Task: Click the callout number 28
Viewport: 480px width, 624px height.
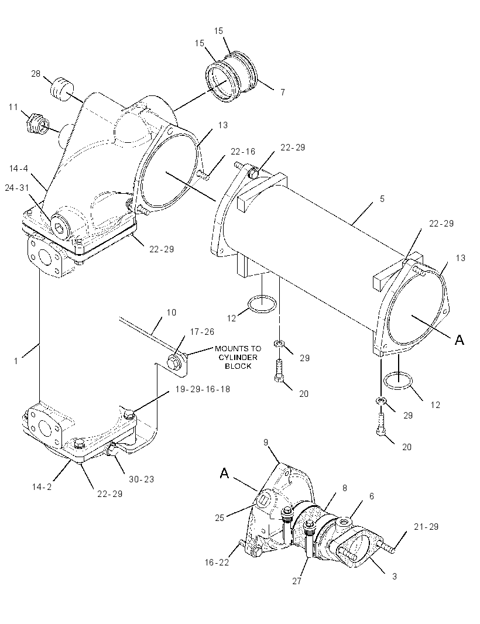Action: coord(36,74)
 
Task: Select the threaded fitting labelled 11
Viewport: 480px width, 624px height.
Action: coord(37,122)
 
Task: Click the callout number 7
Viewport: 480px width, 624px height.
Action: coord(283,92)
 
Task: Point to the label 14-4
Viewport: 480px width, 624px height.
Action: coord(19,169)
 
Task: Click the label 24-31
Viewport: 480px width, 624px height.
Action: coord(17,187)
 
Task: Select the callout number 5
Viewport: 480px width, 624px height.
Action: coord(382,198)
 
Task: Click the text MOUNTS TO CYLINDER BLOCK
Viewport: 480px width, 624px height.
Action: coord(238,358)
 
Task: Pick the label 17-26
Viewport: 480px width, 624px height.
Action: coord(202,331)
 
